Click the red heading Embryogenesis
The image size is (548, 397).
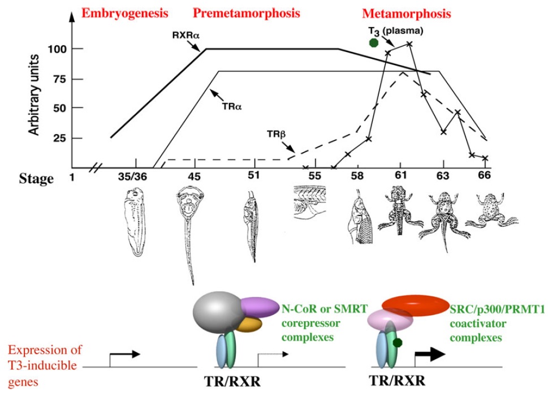pyautogui.click(x=125, y=12)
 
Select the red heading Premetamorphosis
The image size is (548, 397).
pyautogui.click(x=246, y=12)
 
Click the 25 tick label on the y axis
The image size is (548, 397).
pyautogui.click(x=61, y=139)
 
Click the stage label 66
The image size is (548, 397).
pyautogui.click(x=484, y=176)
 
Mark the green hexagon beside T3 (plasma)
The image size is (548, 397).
pyautogui.click(x=373, y=42)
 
